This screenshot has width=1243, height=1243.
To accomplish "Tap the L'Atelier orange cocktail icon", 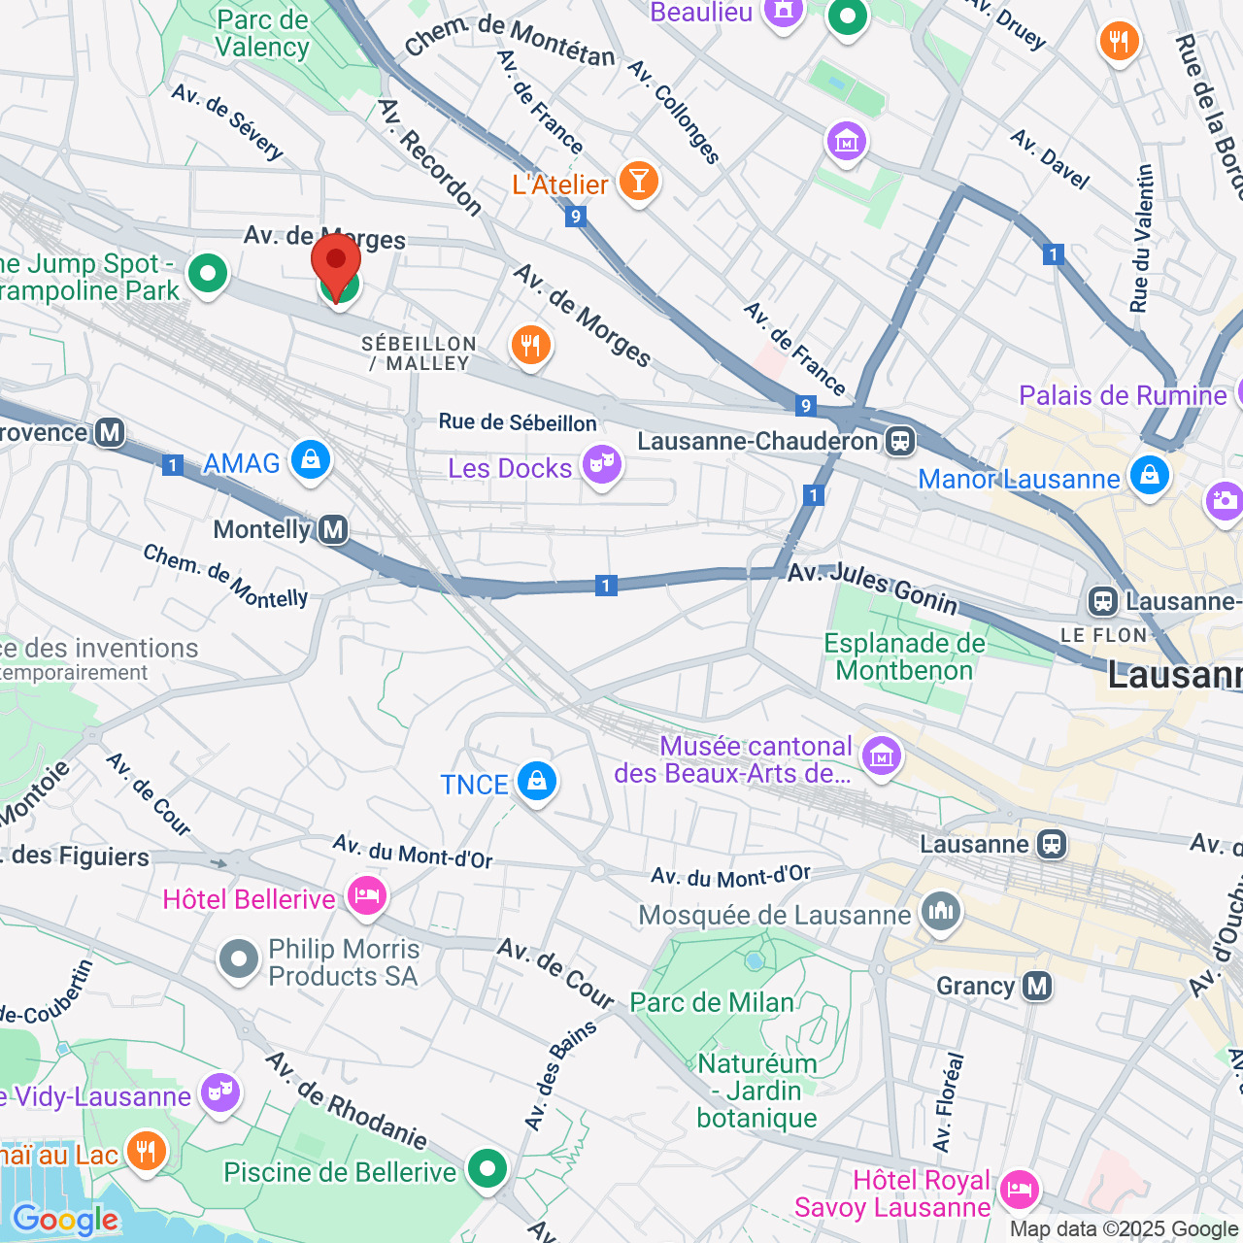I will point(638,181).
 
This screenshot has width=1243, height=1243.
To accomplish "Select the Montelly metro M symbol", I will point(333,530).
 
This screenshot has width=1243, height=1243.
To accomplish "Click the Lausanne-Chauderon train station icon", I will point(900,442).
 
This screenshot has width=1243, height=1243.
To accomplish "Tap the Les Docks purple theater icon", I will point(601,465).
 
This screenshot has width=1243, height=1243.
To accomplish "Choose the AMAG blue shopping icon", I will point(310,460).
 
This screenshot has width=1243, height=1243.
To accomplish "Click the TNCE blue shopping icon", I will point(535,781).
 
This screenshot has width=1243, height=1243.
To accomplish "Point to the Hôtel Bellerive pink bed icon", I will point(366,895).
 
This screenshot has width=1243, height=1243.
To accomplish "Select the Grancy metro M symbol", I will point(1037,987).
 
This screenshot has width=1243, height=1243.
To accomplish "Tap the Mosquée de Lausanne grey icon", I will point(940,912).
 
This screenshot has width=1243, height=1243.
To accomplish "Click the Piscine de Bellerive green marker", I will point(487,1168).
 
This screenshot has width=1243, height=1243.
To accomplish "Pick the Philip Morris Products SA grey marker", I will point(238,959).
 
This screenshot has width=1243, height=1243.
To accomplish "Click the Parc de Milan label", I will point(712,1002).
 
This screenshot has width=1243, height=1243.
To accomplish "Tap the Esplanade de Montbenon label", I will point(904,657).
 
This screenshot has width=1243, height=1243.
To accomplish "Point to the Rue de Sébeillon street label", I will point(518,422).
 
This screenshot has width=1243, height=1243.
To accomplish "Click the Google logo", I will point(65,1220).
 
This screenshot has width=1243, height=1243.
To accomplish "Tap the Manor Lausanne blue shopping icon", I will point(1149,476).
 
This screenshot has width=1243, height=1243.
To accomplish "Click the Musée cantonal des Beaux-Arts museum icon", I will point(881,755).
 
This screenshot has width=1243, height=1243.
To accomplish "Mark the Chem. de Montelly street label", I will point(225,577).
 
